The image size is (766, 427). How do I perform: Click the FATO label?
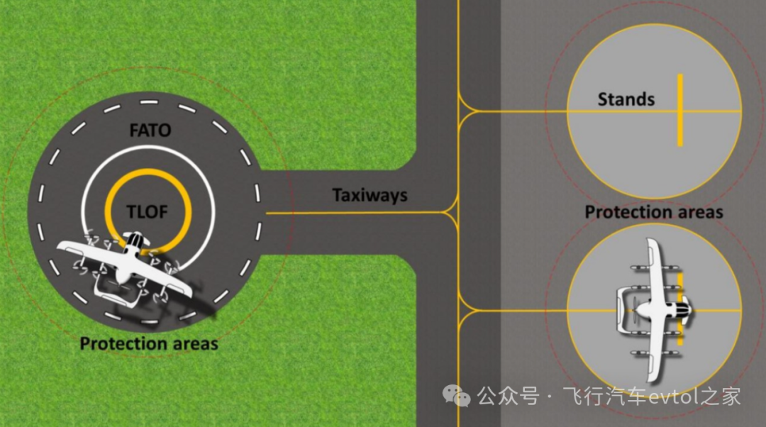click(150, 131)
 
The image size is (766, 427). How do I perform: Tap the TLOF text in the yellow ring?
click(147, 212)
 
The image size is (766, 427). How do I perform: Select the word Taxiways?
click(370, 196)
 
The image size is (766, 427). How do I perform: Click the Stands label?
click(626, 99)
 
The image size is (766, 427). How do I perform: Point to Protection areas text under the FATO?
click(149, 343)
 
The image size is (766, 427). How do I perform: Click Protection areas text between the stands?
click(654, 212)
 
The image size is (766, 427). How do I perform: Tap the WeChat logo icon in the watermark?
click(456, 396)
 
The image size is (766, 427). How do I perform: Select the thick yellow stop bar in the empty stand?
click(680, 110)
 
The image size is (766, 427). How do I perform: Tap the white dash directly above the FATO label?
click(149, 103)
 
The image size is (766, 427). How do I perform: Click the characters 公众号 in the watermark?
click(508, 396)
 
